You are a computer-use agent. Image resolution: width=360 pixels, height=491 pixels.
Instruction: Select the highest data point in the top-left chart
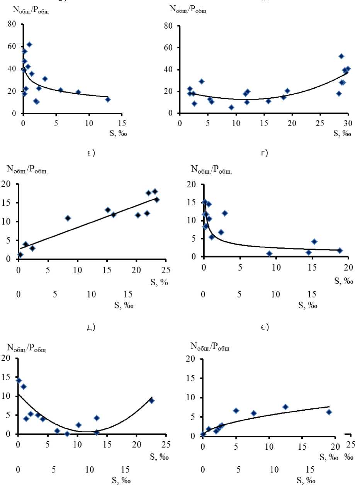coord(29,45)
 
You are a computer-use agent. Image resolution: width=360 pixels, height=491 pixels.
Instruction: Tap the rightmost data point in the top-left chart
coord(108,100)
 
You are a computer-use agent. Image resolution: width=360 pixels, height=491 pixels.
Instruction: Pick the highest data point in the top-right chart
coord(341,56)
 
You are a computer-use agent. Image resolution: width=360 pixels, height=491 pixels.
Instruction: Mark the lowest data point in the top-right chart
coord(231,107)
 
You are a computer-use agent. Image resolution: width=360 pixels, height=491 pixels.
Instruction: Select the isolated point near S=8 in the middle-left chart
coord(68,218)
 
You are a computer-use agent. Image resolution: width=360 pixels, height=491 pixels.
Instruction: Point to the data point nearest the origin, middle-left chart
coord(20,255)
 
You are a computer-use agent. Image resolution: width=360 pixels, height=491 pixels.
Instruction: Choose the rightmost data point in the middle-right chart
coord(340,251)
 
